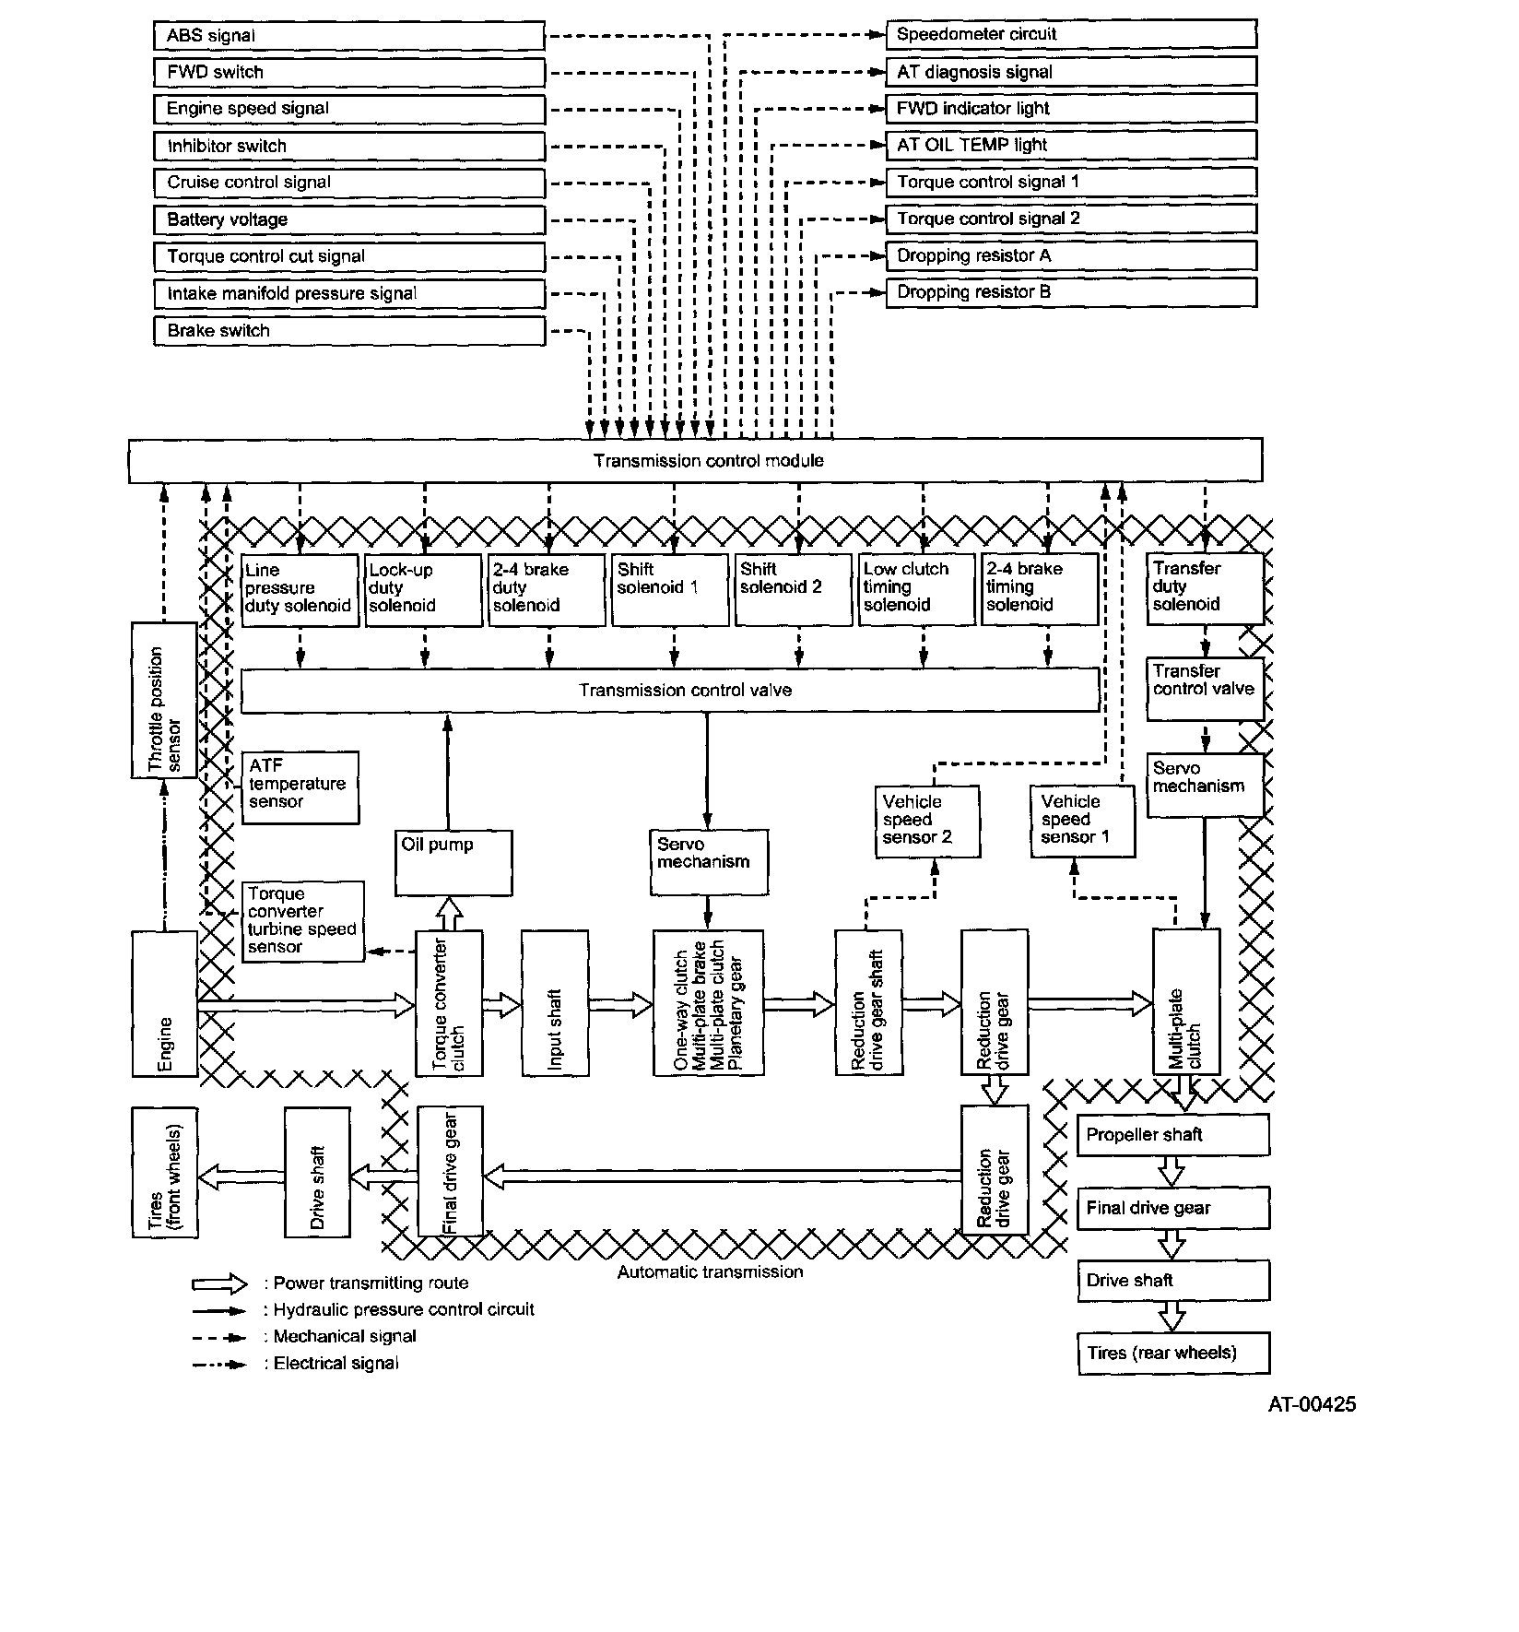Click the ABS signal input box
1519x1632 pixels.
point(348,36)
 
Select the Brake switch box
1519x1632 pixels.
point(348,331)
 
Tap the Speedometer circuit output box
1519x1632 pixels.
point(1071,34)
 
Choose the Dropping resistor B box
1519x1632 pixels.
point(1071,292)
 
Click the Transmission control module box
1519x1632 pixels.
point(695,460)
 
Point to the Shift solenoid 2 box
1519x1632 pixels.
point(793,589)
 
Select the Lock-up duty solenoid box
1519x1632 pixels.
point(423,589)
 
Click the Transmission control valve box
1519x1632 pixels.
point(670,691)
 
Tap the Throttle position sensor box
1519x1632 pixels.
point(164,700)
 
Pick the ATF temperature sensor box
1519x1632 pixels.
point(300,787)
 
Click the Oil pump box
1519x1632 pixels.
point(453,863)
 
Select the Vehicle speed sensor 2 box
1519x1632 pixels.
point(926,822)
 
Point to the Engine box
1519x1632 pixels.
point(165,1003)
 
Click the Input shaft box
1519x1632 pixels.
point(555,1003)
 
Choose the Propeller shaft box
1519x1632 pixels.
point(1172,1135)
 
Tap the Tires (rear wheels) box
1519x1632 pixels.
point(1172,1354)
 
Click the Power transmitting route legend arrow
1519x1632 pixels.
point(219,1284)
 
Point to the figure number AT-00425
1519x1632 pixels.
point(1312,1404)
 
